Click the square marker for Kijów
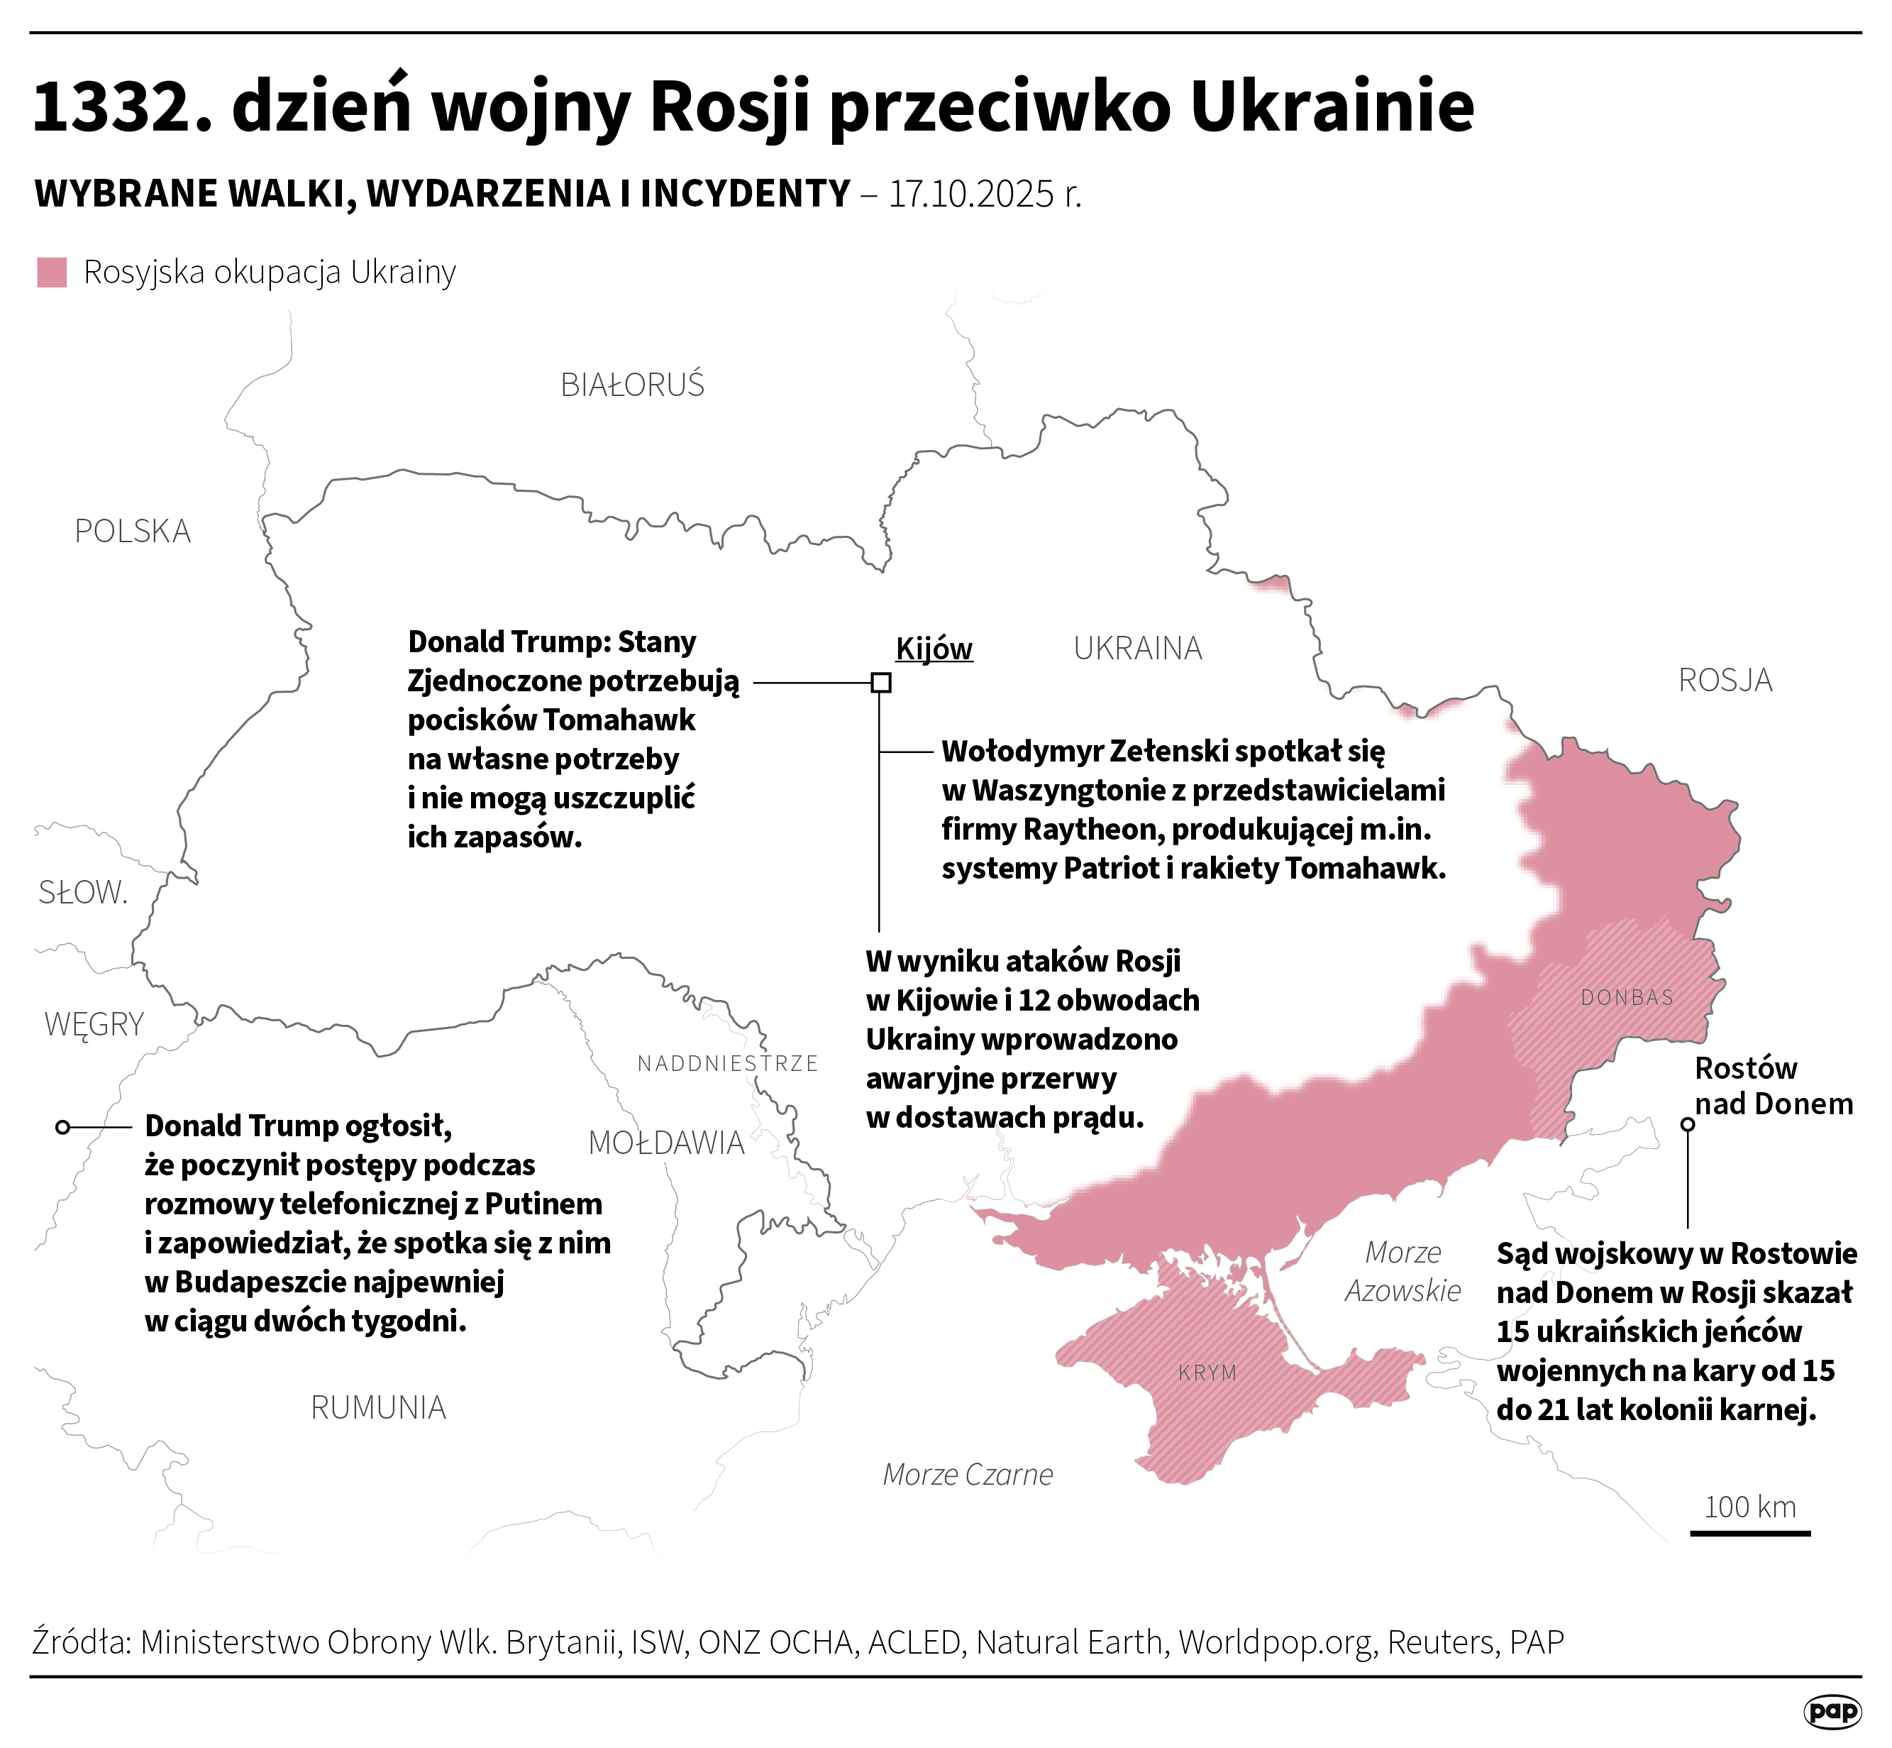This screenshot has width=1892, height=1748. (x=880, y=682)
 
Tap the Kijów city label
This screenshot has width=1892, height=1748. (x=934, y=649)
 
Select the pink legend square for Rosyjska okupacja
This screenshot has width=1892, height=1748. (x=52, y=273)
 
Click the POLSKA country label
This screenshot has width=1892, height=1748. (x=133, y=532)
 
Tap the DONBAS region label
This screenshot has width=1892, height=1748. (x=1626, y=997)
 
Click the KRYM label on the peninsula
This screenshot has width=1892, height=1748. (x=1207, y=1373)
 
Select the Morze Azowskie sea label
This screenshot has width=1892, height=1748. (x=1403, y=1271)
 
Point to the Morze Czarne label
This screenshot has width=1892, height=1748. (x=966, y=1473)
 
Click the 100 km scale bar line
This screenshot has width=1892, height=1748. (x=1749, y=1533)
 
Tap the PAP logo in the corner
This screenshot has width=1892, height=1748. (x=1832, y=1710)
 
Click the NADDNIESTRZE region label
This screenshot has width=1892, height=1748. (x=727, y=1063)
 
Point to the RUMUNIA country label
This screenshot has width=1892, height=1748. (x=377, y=1407)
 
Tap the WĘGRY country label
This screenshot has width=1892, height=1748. (x=94, y=1023)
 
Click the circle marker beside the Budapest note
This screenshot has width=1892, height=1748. (x=62, y=1126)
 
